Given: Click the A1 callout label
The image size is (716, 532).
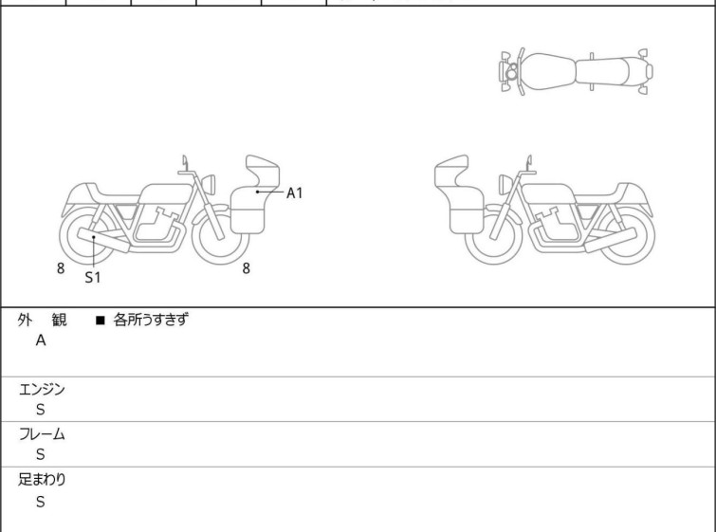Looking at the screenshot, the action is (x=295, y=193).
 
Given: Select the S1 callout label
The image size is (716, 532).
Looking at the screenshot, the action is (x=93, y=277).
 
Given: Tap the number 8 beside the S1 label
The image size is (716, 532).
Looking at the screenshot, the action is (x=61, y=268).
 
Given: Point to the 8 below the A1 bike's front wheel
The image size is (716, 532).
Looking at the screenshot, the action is (x=247, y=268).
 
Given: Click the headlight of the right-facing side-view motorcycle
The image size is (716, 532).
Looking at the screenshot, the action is (x=209, y=184).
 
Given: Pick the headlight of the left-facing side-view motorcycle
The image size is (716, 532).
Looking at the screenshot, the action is (x=506, y=184).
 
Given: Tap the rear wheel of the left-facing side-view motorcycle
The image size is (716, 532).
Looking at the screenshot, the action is (x=626, y=236).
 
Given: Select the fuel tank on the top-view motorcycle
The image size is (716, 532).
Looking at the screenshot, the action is (x=548, y=72).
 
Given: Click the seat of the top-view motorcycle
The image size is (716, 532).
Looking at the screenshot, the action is (x=602, y=72).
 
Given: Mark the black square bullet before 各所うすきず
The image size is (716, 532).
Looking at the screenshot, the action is (x=101, y=321).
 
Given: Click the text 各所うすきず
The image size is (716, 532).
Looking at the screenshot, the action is (x=151, y=320).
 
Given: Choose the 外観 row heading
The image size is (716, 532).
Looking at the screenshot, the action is (x=42, y=320).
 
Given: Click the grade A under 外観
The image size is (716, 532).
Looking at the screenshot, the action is (x=41, y=340).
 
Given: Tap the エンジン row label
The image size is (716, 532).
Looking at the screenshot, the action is (x=42, y=389).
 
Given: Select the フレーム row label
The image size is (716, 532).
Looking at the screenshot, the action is (x=42, y=433).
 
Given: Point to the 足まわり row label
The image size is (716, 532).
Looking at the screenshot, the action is (x=42, y=479).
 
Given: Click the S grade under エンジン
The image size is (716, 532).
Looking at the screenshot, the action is (x=41, y=410).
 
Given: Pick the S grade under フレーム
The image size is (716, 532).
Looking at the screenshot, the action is (x=41, y=454).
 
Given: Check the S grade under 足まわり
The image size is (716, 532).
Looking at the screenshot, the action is (x=41, y=502).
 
